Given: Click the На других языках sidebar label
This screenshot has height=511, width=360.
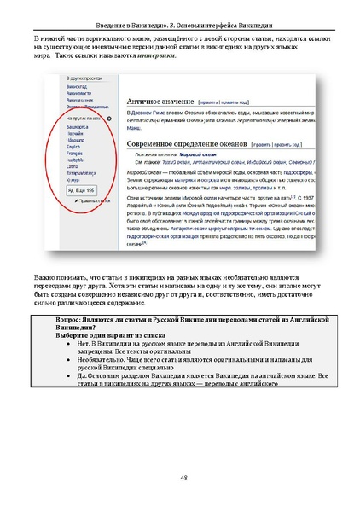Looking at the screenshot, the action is [82, 118].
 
